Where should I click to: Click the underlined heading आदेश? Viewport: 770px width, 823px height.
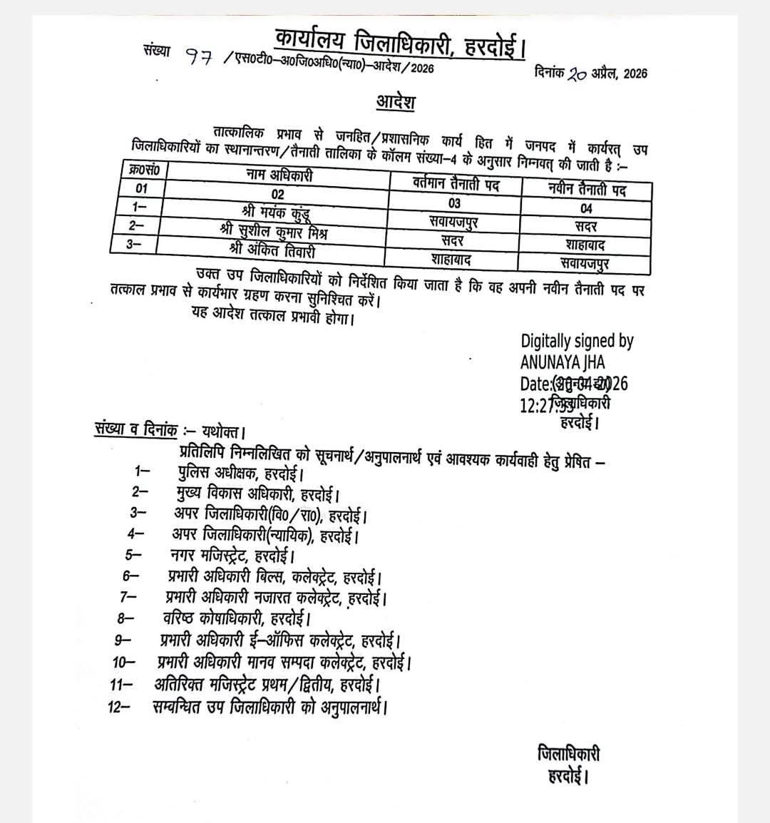396,101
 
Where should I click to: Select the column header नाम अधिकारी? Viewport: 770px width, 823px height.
279,175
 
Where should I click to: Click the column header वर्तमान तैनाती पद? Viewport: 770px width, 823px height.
456,184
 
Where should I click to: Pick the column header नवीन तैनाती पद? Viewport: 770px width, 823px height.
587,190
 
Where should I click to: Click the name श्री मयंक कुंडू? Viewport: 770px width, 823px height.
276,212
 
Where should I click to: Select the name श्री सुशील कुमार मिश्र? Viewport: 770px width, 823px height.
274,232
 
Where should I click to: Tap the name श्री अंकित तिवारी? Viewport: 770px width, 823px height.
272,251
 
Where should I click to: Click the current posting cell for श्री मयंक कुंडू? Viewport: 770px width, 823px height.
454,222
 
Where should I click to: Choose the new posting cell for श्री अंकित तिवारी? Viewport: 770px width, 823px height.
585,262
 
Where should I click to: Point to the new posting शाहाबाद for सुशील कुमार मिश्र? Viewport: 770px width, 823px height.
585,245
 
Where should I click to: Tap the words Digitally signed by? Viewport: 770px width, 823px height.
577,342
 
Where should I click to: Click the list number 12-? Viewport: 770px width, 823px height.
120,707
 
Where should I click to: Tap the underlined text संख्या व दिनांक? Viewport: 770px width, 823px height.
135,429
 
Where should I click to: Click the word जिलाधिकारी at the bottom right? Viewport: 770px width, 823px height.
568,754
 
